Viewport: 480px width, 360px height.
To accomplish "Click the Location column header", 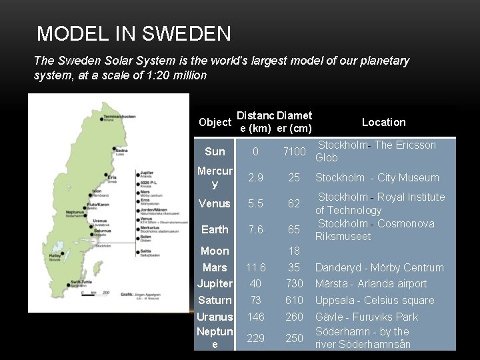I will pyautogui.click(x=383, y=122).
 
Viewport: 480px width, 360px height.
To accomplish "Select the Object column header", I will pyautogui.click(x=215, y=123).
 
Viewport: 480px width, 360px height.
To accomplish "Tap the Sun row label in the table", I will pyautogui.click(x=215, y=152).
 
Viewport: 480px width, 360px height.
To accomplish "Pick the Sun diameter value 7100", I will pyautogui.click(x=294, y=152).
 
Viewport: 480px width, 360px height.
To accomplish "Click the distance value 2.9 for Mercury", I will pyautogui.click(x=255, y=178).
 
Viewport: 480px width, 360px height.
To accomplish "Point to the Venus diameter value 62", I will pyautogui.click(x=294, y=204).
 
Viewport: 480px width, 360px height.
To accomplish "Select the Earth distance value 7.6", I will pyautogui.click(x=255, y=229).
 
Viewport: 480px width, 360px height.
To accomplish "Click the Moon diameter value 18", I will pyautogui.click(x=294, y=251).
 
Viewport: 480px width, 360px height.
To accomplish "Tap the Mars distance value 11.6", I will pyautogui.click(x=255, y=267).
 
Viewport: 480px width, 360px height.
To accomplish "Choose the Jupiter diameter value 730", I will pyautogui.click(x=294, y=283).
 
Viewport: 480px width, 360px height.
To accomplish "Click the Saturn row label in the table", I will pyautogui.click(x=215, y=301).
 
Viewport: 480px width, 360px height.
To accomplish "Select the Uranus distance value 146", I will pyautogui.click(x=255, y=317).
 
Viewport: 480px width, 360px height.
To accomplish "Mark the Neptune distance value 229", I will pyautogui.click(x=255, y=338).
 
